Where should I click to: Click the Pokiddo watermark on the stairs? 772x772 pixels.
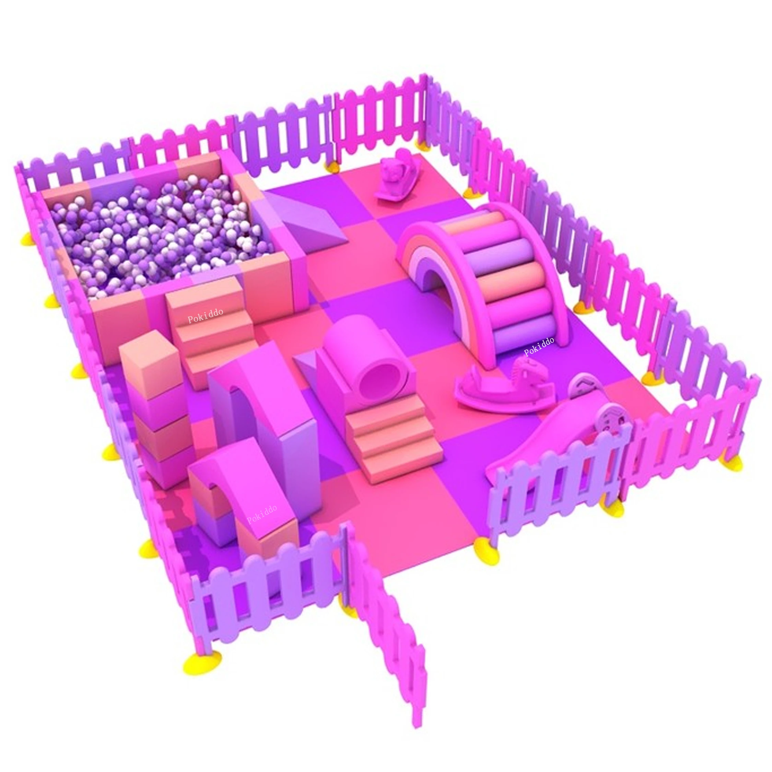click(206, 316)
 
